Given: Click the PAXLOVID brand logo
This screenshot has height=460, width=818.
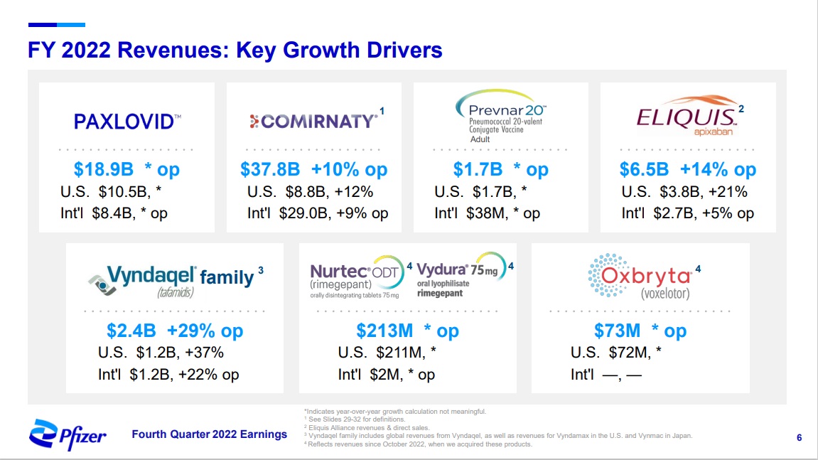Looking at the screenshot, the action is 127,122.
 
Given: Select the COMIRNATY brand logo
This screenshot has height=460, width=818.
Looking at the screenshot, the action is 313,121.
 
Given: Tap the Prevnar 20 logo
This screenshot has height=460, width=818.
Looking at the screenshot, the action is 500,116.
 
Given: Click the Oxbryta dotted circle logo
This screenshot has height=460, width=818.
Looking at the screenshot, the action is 608,275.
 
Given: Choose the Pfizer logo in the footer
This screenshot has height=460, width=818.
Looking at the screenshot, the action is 68,434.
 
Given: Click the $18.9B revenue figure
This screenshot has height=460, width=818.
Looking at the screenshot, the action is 103,169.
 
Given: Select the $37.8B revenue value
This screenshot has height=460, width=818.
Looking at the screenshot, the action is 270,169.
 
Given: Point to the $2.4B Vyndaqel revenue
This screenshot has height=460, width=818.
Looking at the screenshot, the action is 131,331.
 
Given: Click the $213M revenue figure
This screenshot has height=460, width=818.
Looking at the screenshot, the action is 384,331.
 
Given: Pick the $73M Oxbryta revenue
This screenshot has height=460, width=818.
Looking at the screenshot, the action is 617,331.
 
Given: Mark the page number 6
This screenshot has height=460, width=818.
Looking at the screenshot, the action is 800,437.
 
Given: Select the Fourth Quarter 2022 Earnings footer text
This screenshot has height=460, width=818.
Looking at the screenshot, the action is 209,434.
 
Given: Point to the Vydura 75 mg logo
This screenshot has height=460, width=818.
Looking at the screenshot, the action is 462,275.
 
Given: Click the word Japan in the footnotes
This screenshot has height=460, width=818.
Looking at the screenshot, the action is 682,435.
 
